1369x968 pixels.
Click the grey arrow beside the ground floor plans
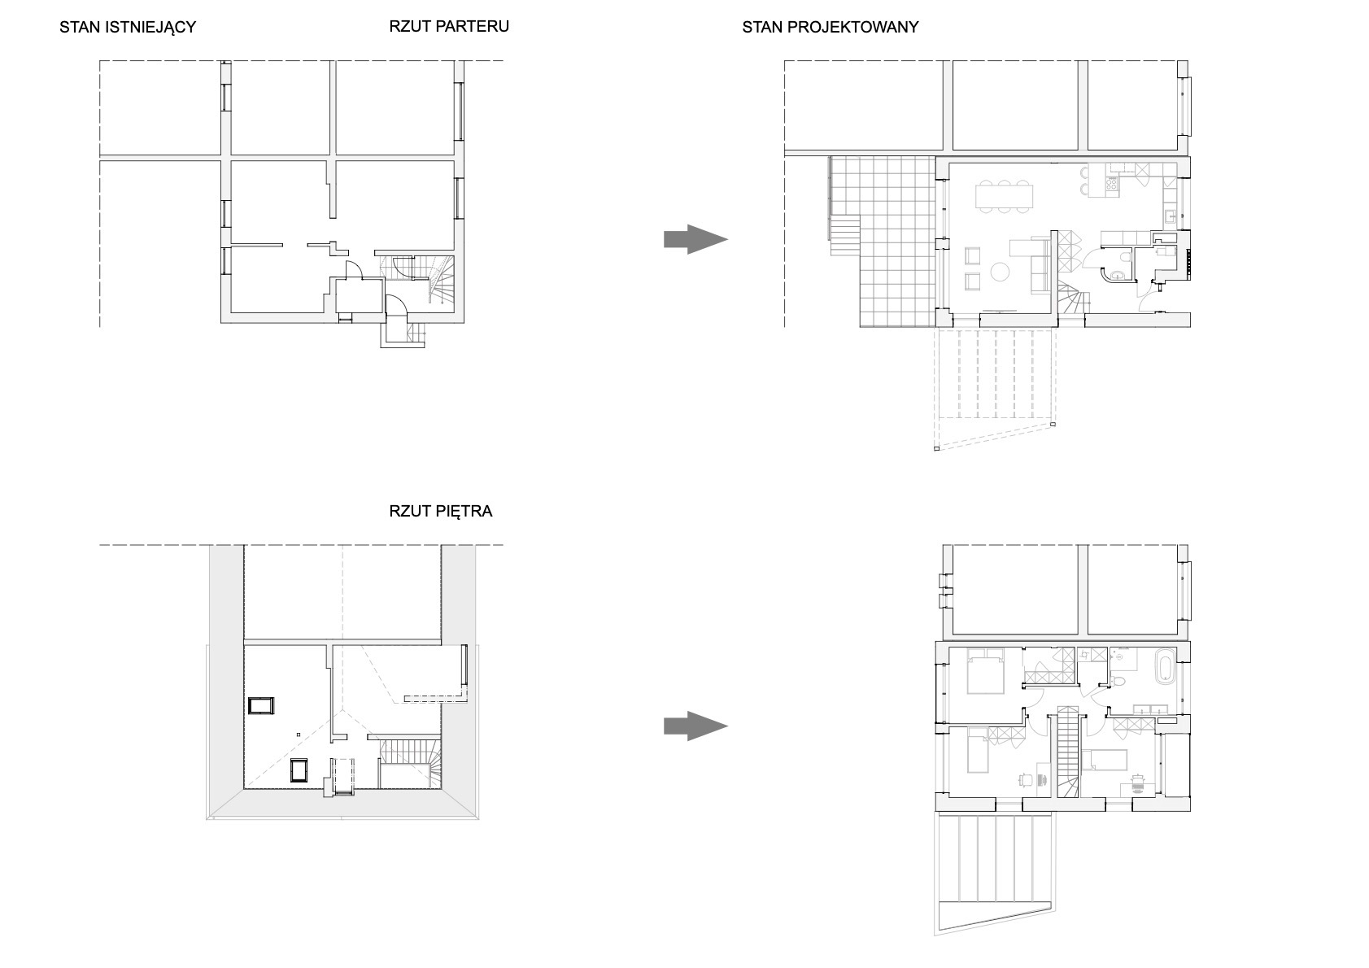(x=695, y=239)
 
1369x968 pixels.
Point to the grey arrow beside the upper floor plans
(x=695, y=726)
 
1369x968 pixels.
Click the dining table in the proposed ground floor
(x=1004, y=196)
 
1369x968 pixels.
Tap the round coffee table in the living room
(x=1000, y=272)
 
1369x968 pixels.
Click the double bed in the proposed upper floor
(x=985, y=671)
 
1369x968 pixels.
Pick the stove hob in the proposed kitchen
(x=1112, y=183)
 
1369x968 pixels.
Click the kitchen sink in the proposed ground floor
(x=1170, y=215)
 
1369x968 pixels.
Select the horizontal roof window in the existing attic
(x=261, y=705)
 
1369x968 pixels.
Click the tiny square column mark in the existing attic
(x=299, y=735)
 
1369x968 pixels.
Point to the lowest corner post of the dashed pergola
(x=936, y=448)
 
